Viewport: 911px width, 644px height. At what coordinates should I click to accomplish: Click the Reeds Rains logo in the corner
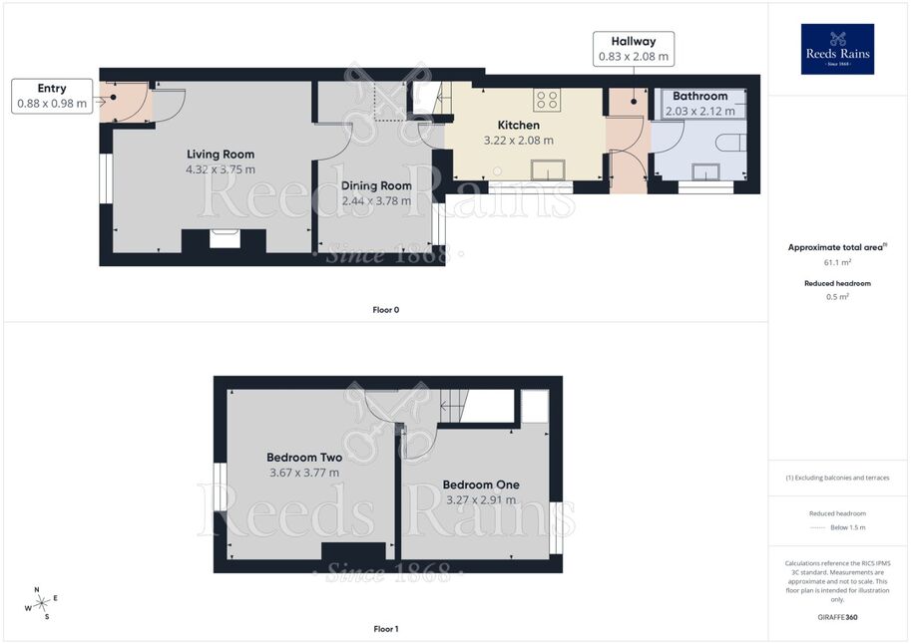click(837, 49)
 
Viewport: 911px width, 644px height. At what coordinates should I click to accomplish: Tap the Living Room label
click(221, 155)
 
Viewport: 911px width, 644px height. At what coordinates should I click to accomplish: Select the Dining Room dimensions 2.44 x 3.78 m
click(376, 201)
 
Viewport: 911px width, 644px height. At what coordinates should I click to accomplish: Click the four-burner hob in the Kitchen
click(547, 100)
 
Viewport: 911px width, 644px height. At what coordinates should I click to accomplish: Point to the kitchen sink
click(547, 170)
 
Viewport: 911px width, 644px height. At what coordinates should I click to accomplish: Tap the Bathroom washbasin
click(705, 172)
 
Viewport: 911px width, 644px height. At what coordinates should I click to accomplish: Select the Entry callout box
click(52, 96)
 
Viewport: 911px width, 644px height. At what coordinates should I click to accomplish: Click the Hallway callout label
click(634, 49)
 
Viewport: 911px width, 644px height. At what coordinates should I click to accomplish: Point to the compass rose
click(41, 604)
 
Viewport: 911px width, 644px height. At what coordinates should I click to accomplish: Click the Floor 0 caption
click(386, 310)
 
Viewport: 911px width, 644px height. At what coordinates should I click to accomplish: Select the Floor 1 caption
click(386, 629)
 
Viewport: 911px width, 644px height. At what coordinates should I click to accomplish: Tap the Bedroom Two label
click(304, 458)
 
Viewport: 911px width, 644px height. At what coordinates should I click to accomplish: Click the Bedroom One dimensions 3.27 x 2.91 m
click(481, 500)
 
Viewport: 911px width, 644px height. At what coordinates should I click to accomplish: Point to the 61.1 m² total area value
click(837, 262)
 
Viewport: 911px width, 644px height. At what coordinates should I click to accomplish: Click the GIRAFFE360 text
click(837, 617)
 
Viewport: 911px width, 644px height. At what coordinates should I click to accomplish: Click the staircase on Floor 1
click(454, 406)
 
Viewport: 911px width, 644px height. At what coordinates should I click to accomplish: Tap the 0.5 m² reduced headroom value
click(837, 297)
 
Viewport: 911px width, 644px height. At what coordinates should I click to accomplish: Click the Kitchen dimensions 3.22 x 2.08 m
click(519, 140)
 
